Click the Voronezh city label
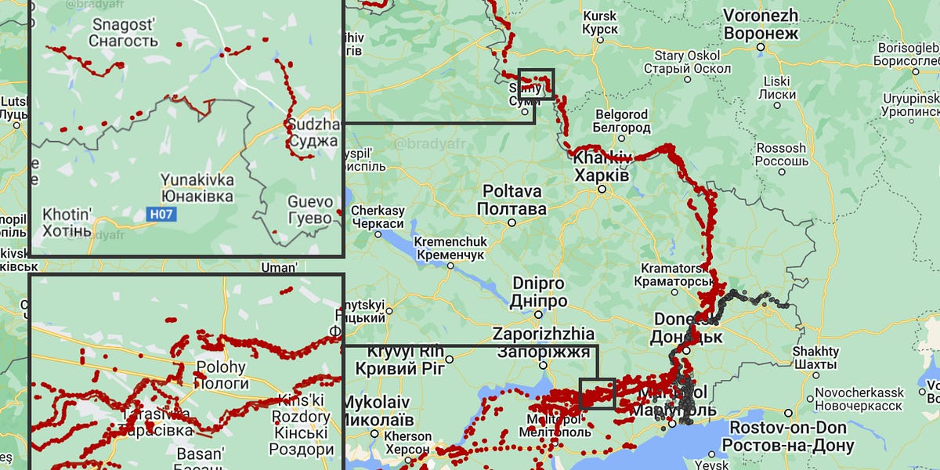(761, 24)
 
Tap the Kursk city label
(600, 22)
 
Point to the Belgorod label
(621, 121)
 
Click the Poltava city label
(512, 201)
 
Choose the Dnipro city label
(539, 292)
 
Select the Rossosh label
(780, 154)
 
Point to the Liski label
(776, 87)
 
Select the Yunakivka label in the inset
(197, 187)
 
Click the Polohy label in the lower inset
(220, 374)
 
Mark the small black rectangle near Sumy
(537, 84)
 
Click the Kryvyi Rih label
(399, 360)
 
